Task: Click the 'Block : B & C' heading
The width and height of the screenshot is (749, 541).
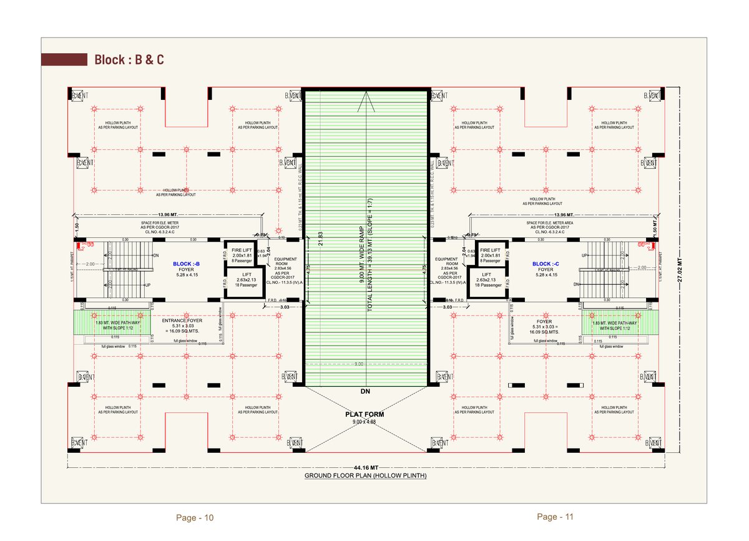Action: coord(129,60)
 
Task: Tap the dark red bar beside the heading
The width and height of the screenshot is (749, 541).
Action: coord(64,60)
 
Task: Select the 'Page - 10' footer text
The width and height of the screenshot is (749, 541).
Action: coord(195,518)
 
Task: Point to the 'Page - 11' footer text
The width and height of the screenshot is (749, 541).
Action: coord(555,517)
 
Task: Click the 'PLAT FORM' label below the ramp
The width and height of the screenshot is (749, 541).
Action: coord(365,414)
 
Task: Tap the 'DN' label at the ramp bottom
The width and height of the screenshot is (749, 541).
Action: coord(365,392)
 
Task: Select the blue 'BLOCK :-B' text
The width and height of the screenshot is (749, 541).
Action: coord(187,264)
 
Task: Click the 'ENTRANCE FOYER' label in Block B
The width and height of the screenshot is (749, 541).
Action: coord(182,320)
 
